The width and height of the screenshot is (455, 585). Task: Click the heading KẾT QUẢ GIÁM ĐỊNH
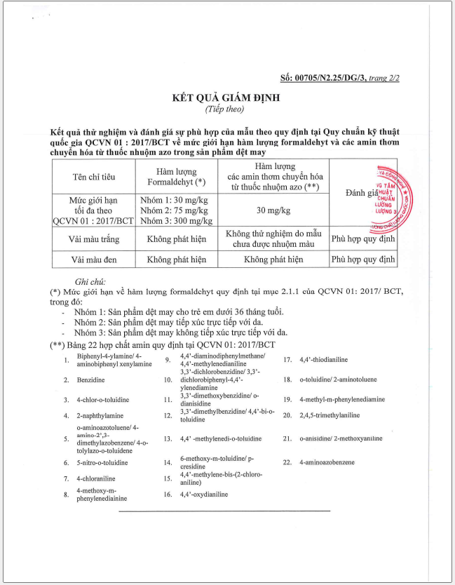click(225, 98)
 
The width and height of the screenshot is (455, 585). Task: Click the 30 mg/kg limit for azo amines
click(273, 210)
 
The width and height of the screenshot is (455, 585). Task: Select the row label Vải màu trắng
click(93, 238)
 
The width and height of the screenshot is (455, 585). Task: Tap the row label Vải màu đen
click(93, 259)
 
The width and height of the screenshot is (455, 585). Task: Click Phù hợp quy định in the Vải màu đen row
click(362, 259)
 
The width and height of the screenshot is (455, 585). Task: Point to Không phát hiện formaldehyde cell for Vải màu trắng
click(176, 238)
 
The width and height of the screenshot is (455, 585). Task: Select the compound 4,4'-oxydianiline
click(203, 495)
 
